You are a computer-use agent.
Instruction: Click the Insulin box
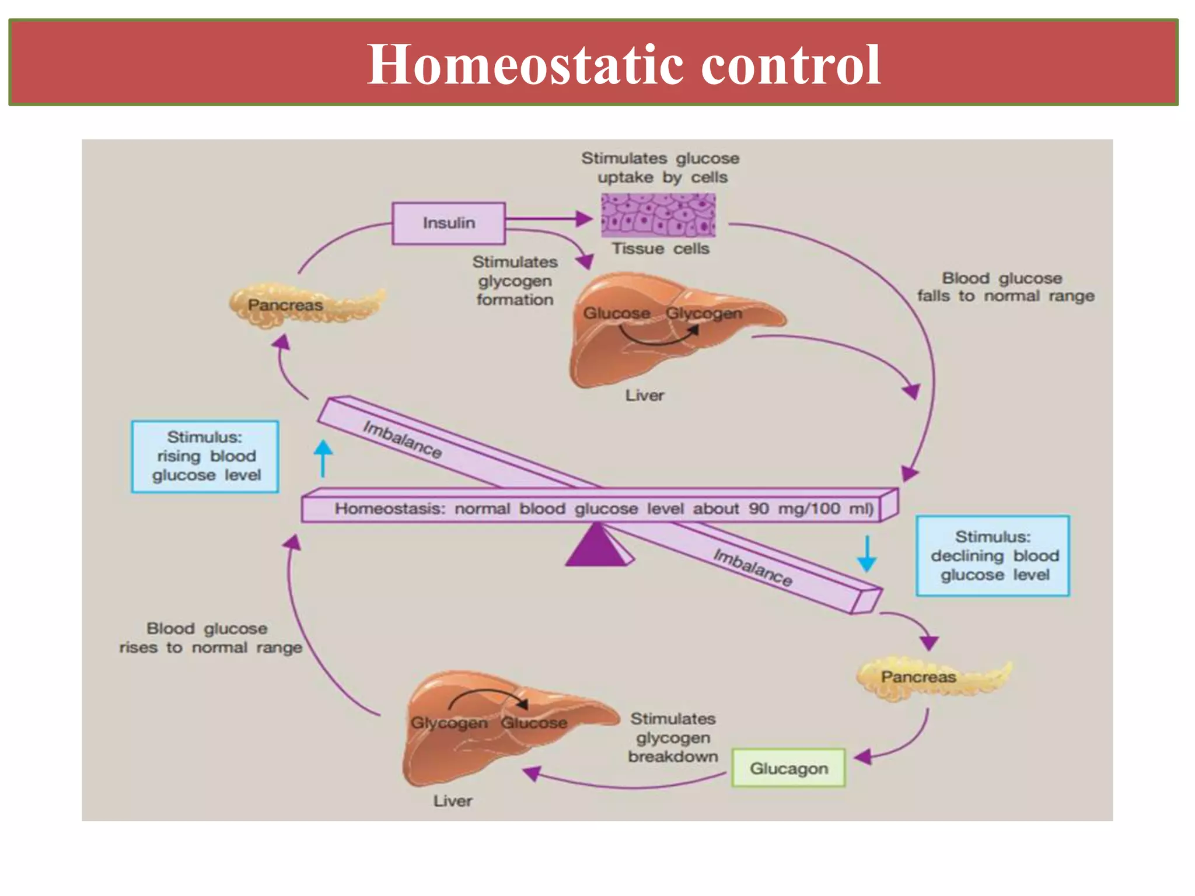448,223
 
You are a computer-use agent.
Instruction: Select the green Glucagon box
788,768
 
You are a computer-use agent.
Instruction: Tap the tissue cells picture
658,215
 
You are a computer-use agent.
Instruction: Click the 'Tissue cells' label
660,249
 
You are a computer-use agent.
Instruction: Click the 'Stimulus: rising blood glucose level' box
205,456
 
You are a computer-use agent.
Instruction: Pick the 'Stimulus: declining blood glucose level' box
993,555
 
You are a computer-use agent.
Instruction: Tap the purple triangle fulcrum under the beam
596,546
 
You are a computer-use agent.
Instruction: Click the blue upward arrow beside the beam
323,459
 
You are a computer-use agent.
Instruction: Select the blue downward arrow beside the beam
866,554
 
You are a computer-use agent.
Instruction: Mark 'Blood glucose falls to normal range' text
1005,287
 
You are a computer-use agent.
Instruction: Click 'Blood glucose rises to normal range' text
210,638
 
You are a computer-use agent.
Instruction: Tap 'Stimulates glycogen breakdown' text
673,737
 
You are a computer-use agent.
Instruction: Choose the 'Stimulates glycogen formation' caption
515,281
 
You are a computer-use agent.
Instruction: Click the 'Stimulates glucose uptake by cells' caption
661,167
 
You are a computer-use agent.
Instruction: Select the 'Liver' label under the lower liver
453,801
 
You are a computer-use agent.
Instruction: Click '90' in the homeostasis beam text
759,509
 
